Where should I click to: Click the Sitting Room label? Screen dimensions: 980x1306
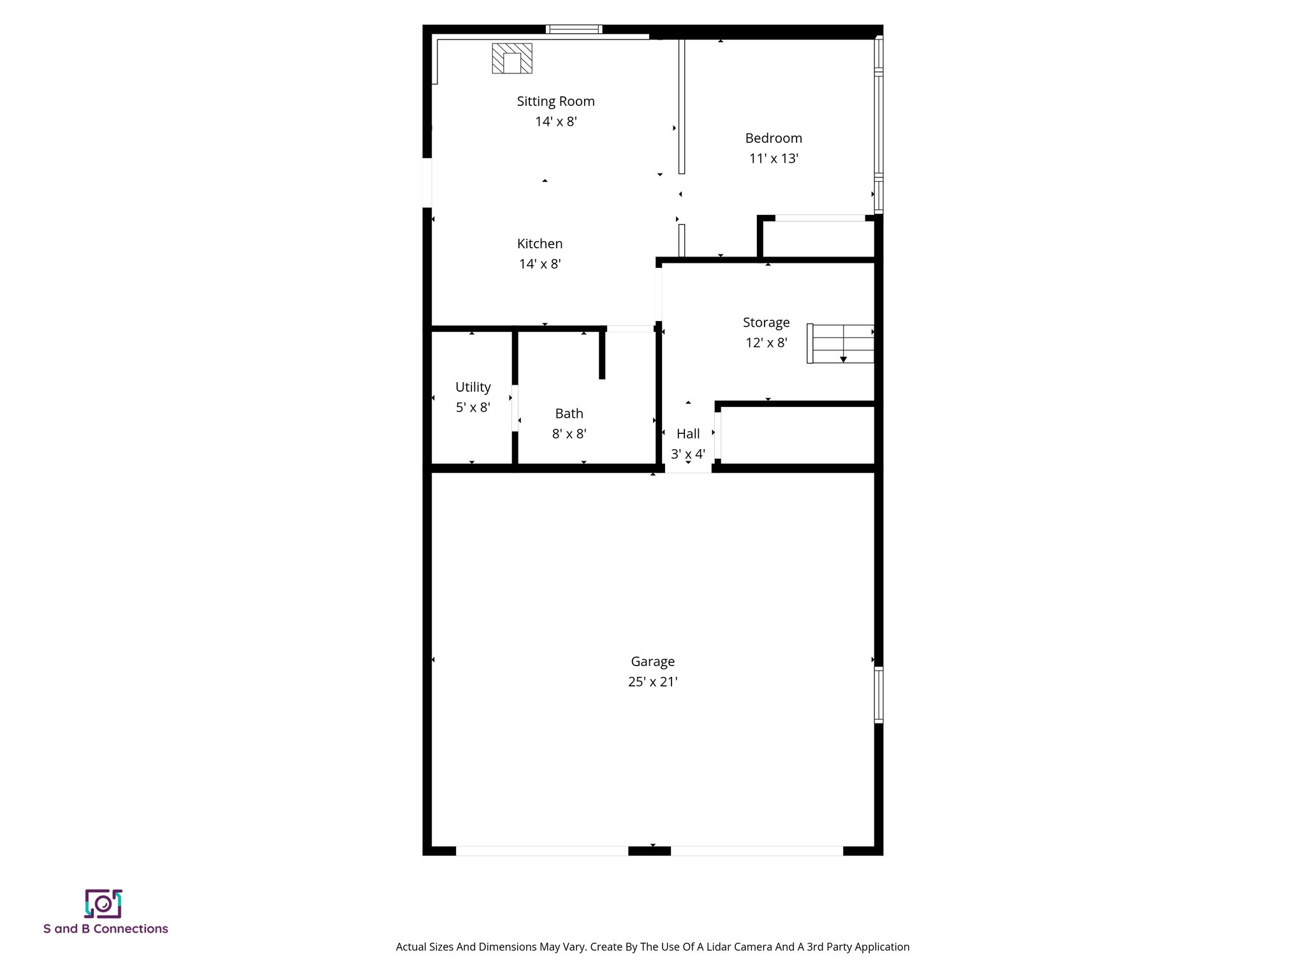click(x=555, y=101)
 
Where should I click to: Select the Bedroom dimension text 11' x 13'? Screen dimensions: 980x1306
click(x=774, y=158)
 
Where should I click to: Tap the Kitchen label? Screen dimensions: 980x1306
click(x=539, y=243)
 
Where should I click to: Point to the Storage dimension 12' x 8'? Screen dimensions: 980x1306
click(x=766, y=343)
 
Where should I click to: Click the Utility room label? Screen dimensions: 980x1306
click(x=473, y=387)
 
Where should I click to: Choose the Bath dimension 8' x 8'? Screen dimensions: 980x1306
click(x=569, y=434)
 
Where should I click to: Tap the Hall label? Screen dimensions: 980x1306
click(x=687, y=433)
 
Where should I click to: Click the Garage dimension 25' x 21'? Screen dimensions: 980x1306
click(x=652, y=681)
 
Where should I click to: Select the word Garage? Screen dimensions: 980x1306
click(x=652, y=661)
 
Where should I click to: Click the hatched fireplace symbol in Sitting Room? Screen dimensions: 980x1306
click(x=511, y=58)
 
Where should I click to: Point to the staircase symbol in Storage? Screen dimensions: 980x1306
click(x=840, y=343)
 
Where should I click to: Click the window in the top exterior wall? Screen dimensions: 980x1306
click(x=574, y=29)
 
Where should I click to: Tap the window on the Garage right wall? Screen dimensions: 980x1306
click(x=878, y=694)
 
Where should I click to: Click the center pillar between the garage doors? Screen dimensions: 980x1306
click(x=649, y=850)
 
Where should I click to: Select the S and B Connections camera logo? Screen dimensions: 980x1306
click(x=103, y=903)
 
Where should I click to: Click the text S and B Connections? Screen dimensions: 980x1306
click(x=106, y=929)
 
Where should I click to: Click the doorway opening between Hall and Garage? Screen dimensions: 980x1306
click(x=688, y=468)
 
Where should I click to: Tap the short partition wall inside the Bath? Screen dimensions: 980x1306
click(x=601, y=354)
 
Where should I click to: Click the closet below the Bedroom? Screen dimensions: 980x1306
click(x=819, y=239)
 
